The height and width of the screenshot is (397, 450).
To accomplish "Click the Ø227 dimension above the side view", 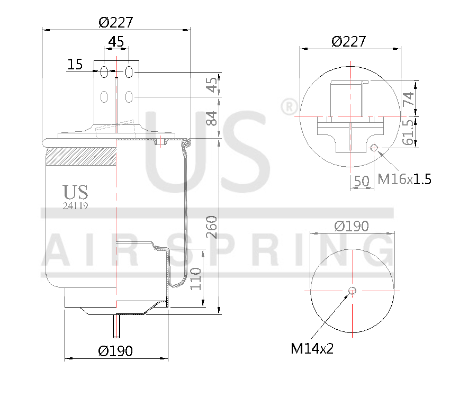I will click(115, 23).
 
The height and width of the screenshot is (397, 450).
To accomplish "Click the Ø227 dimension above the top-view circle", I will click(348, 41).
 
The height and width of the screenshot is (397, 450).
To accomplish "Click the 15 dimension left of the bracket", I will click(75, 65).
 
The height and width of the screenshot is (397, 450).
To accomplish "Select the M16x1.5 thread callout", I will click(404, 179).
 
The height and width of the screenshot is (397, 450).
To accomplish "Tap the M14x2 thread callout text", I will click(312, 348).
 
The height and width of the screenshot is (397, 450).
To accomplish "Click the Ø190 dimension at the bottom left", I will click(115, 350).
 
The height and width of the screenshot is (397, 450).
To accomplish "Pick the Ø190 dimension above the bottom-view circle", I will click(352, 226).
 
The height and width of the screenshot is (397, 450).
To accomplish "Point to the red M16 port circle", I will click(374, 148).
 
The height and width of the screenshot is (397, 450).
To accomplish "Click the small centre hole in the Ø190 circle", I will click(353, 290).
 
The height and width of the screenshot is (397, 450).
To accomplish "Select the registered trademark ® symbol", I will click(289, 107).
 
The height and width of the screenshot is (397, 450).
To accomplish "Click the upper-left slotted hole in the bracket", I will click(104, 71).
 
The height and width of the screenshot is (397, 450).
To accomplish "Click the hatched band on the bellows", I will click(81, 158).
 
